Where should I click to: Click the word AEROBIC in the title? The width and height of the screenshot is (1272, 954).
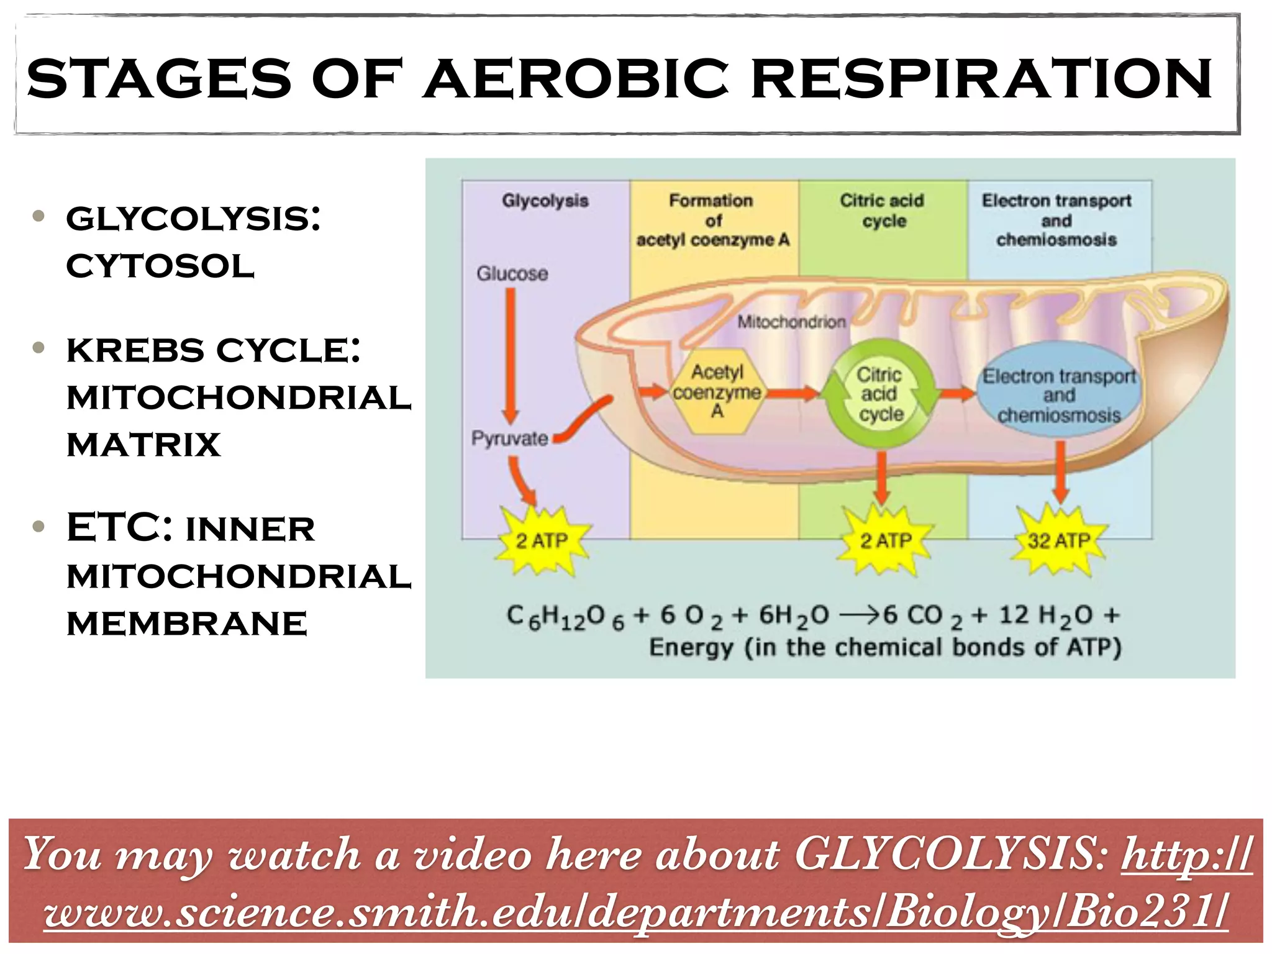576,78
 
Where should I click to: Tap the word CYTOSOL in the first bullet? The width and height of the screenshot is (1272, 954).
160,266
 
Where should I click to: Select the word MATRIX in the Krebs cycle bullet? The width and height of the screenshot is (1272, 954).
143,445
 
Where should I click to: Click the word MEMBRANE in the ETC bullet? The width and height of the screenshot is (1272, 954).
187,624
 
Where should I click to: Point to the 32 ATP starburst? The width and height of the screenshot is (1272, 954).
1058,540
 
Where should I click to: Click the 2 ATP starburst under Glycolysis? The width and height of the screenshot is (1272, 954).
542,540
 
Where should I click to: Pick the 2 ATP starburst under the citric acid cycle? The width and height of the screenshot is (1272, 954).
885,540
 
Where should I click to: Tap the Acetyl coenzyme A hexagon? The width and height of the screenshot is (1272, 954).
717,391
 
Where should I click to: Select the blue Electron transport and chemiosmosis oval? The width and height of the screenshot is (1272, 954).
1059,394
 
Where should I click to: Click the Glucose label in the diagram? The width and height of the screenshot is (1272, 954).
512,273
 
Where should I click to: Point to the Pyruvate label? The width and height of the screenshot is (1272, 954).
510,438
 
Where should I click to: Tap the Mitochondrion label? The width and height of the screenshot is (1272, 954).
792,322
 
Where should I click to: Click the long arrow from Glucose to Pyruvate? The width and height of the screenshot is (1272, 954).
511,356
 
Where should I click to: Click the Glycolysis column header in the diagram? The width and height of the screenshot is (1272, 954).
545,201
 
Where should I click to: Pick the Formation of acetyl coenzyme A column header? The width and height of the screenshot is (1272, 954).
712,220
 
